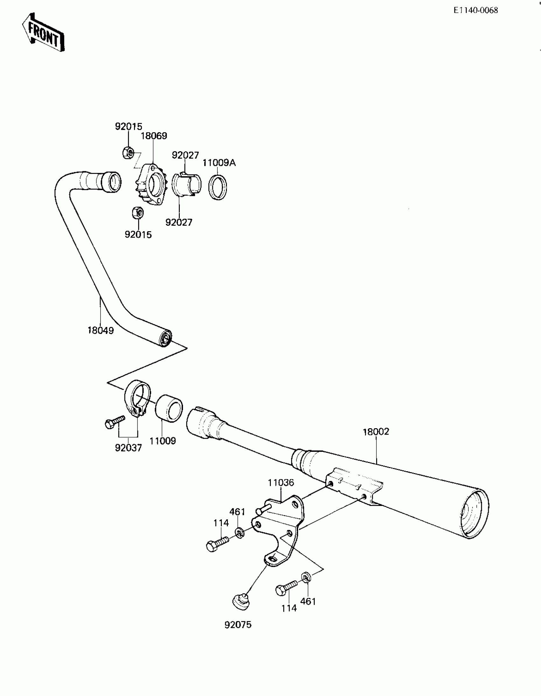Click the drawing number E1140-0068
[475, 11]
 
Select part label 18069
[154, 136]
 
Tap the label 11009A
[219, 163]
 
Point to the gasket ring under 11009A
[218, 188]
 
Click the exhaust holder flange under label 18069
[150, 185]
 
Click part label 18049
[101, 330]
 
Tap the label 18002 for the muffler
[376, 432]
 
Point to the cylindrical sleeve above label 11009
[169, 408]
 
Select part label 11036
[281, 483]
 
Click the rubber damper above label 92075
[240, 601]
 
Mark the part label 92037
[128, 448]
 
